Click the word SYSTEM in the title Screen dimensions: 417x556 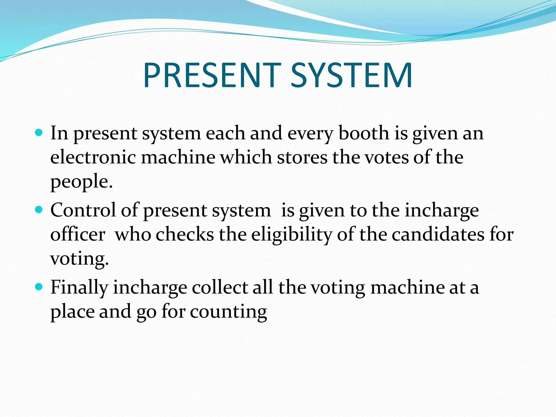(352, 75)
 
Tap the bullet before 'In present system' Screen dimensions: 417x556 (39, 133)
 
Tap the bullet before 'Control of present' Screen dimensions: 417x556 (39, 210)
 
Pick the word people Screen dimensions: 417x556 (81, 182)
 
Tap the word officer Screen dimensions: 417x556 (78, 234)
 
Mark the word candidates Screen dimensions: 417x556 (438, 234)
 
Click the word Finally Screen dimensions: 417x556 (79, 287)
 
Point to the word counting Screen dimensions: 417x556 (228, 312)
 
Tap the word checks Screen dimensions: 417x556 (185, 234)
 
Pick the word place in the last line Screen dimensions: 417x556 (72, 312)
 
